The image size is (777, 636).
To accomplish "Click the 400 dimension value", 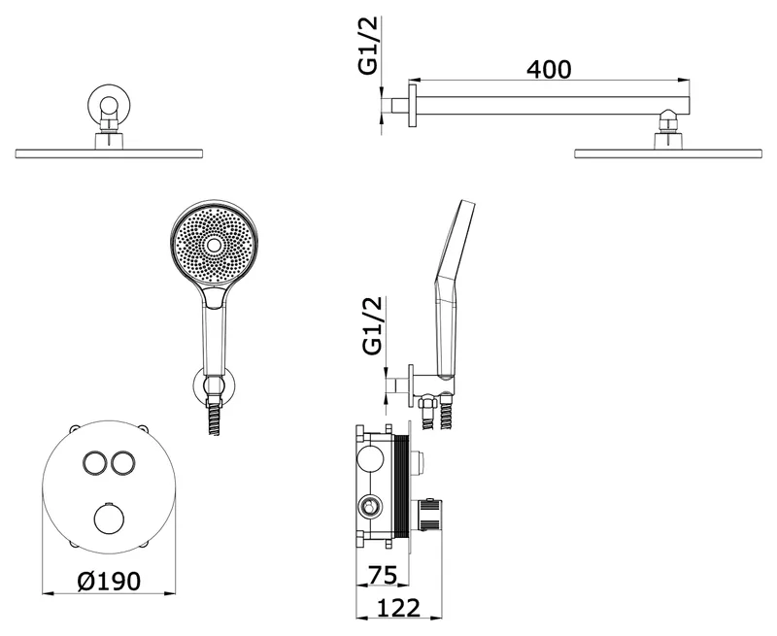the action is click(x=549, y=69).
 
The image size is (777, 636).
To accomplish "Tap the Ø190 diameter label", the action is click(x=109, y=581).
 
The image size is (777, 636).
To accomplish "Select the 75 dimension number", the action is click(x=383, y=575).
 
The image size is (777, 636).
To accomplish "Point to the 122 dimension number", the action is click(x=399, y=608).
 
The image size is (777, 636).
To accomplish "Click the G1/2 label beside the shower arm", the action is click(x=368, y=45).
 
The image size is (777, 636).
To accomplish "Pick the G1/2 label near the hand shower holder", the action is click(x=374, y=325).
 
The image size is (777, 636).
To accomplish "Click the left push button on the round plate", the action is click(x=94, y=463).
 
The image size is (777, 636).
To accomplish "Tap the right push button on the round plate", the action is click(x=122, y=463).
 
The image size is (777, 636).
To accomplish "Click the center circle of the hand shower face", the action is click(x=214, y=245).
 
